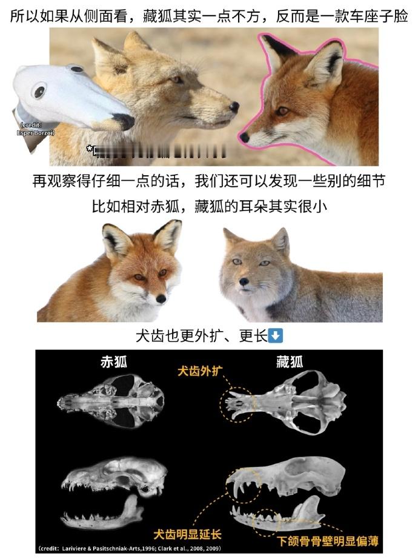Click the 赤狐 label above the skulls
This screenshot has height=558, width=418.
(113, 362)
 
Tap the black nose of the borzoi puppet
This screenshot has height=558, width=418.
(125, 121)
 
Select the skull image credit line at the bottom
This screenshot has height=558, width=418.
(130, 548)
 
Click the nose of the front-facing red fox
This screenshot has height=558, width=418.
(161, 298)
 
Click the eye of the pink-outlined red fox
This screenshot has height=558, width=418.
(282, 111)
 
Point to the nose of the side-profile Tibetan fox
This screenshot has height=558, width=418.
(234, 107)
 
